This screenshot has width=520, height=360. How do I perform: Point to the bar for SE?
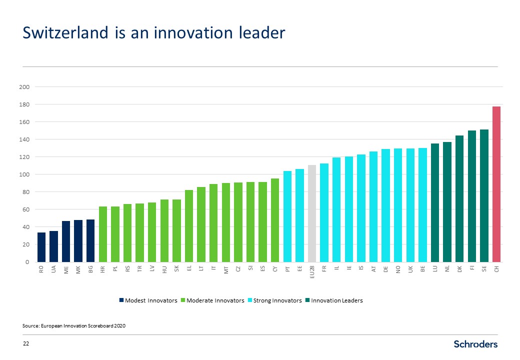pos(484,195)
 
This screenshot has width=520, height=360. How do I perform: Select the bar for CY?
pos(274,220)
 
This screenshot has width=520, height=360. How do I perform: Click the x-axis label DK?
pos(459,269)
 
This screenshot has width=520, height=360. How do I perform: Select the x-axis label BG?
pos(90,269)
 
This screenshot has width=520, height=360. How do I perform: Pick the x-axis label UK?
pos(410,269)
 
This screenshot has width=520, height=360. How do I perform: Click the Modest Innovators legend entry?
pos(148,300)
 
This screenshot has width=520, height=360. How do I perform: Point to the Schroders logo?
pos(475,344)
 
